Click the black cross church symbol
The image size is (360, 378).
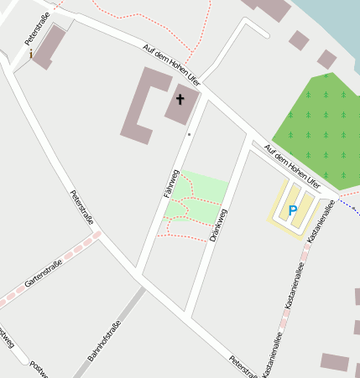pos(180,100)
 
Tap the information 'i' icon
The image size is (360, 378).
pos(32,54)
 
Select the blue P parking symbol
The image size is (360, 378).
pos(293,211)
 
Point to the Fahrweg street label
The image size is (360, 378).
pos(171,184)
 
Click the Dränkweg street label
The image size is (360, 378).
pos(220,225)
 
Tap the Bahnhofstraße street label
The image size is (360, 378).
pos(104,342)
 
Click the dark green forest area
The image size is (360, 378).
pos(319,126)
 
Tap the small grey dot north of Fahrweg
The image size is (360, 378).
pos(190,134)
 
